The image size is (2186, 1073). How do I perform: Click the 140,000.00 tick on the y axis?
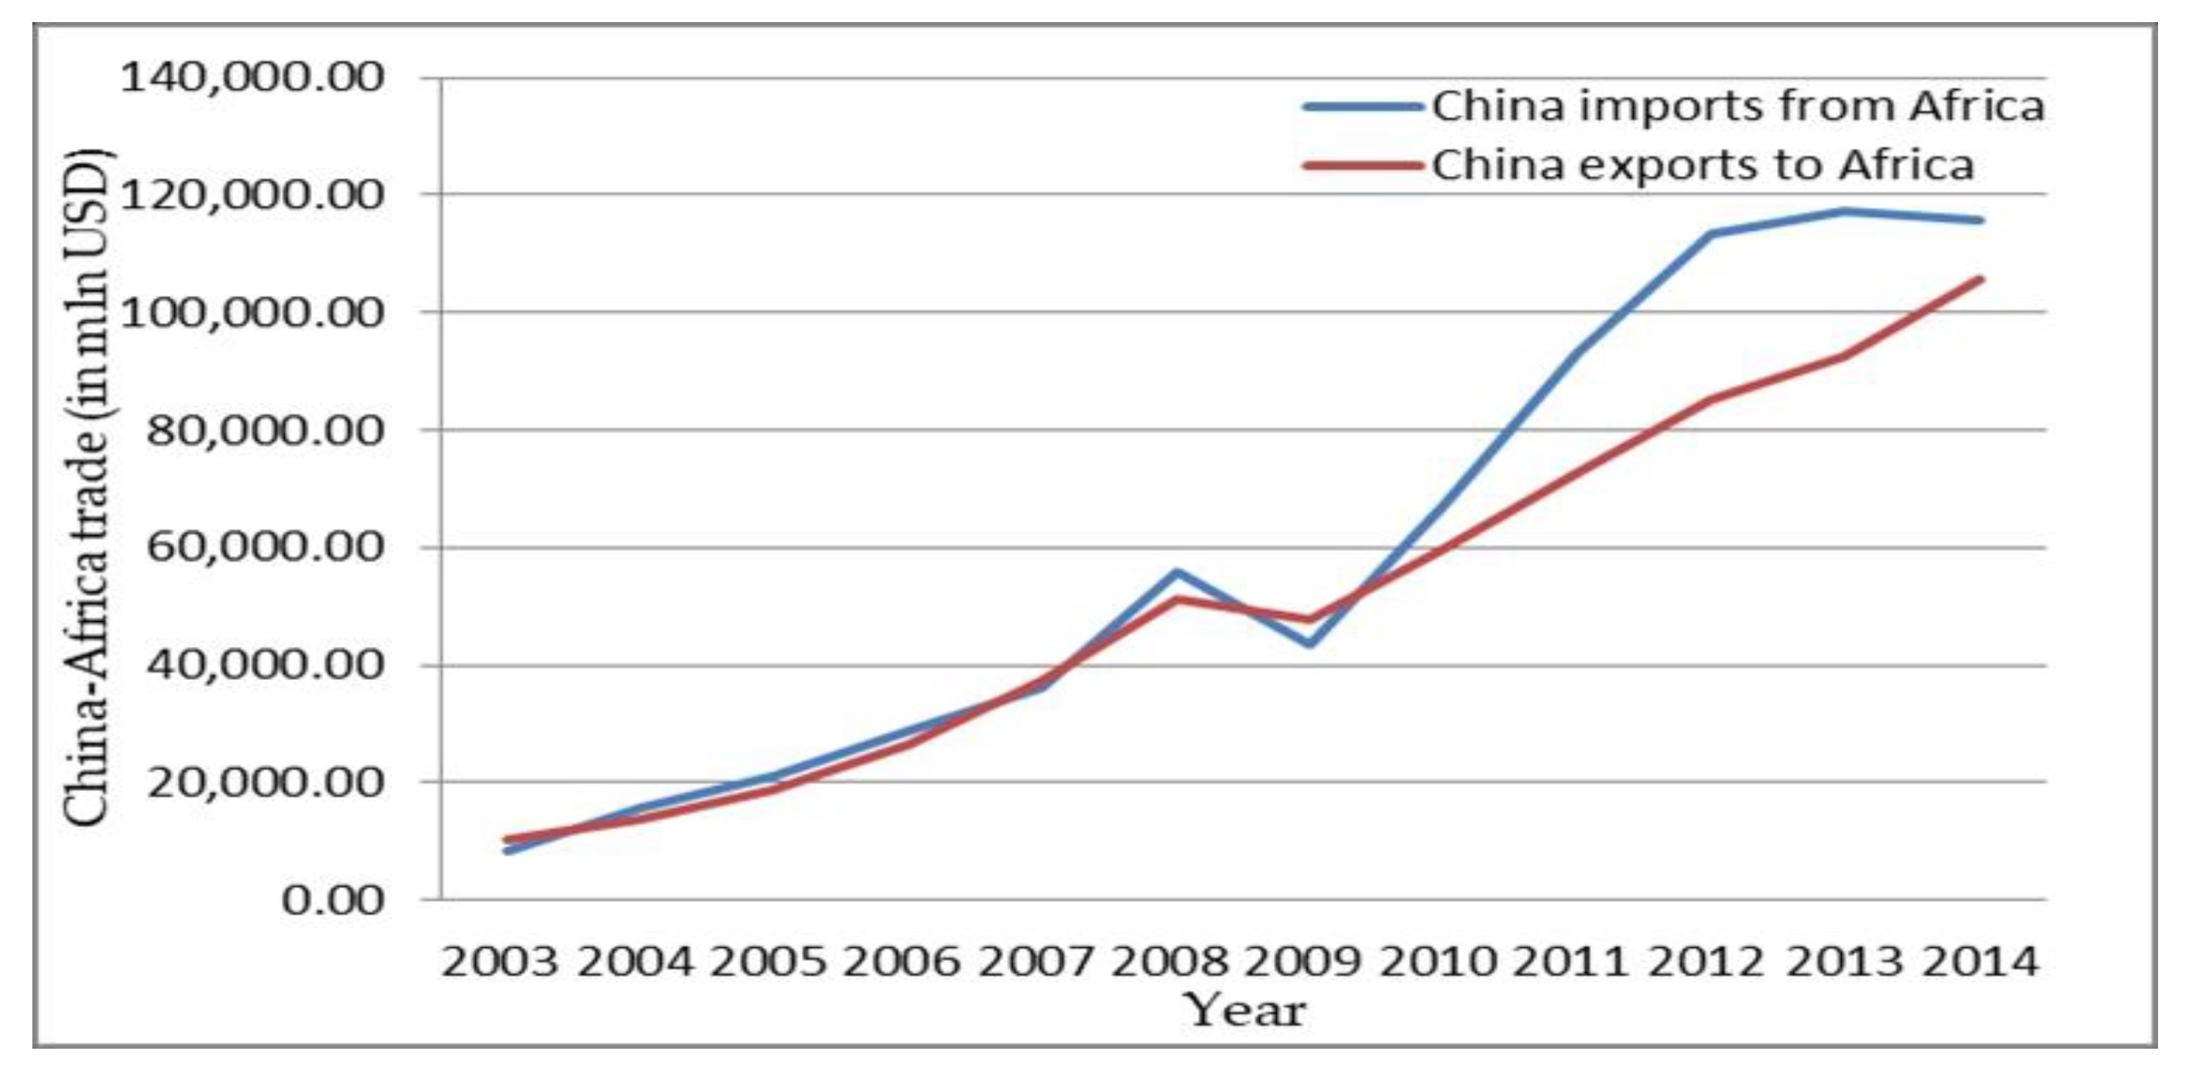point(253,78)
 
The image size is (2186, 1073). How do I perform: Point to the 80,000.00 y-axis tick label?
point(266,431)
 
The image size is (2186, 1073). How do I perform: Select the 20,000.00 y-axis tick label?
point(266,782)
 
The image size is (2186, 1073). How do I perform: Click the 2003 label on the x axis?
point(500,962)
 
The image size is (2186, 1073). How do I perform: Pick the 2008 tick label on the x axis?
point(1169,962)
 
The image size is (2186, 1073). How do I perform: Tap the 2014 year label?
point(1979,962)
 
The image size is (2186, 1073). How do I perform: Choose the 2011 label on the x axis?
point(1572,962)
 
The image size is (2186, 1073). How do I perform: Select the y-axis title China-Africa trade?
point(88,488)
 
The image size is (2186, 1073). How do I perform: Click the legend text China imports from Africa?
point(1738,107)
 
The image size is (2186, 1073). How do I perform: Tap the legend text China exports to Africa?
point(1702,165)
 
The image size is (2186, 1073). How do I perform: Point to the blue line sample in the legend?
point(1363,107)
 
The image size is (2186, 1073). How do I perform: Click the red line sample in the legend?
point(1363,165)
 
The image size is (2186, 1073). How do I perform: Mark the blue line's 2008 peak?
point(1176,572)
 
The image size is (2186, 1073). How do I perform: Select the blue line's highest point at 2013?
point(1845,210)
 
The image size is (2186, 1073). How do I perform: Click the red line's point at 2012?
point(1711,399)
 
